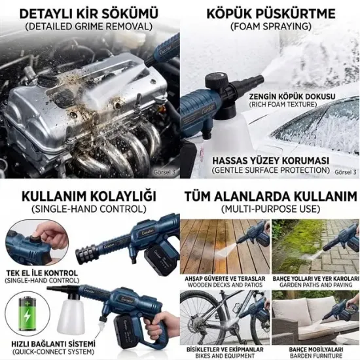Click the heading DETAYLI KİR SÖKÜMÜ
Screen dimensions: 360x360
coord(90,14)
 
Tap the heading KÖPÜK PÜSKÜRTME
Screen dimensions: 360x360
coord(270,14)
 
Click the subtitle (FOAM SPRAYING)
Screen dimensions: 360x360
coord(270,27)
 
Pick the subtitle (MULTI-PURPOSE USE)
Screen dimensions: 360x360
coord(270,209)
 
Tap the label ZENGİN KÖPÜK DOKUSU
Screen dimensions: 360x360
coord(292,97)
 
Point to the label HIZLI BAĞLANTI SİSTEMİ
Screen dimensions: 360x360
coord(53,343)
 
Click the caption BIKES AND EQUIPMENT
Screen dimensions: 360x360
coord(225,350)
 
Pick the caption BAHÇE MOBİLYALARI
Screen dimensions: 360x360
coord(315,342)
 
